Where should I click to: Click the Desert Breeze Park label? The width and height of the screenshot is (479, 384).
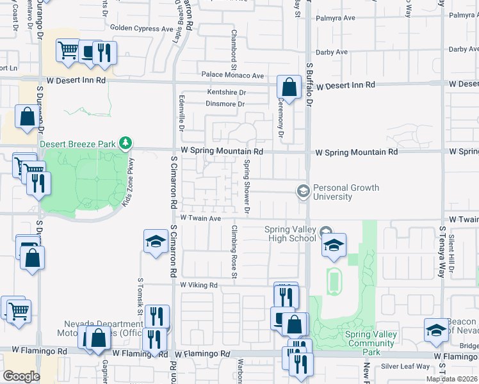point(77,143)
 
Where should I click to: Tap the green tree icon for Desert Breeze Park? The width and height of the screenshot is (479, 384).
point(127,143)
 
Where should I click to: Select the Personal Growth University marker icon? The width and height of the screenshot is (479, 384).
point(302,191)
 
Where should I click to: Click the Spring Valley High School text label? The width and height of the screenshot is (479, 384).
point(291,234)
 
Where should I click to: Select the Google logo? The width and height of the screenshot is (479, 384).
point(21,376)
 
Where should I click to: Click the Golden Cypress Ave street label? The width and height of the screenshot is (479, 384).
point(142,28)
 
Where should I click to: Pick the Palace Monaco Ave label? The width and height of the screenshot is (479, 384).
point(233,76)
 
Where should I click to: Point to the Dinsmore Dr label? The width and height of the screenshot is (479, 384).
point(225,104)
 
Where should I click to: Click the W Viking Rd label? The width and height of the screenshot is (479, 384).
point(199,285)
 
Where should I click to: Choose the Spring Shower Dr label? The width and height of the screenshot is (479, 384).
point(247,185)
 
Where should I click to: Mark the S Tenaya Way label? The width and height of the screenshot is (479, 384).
point(442,250)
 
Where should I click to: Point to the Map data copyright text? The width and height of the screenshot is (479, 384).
point(452,379)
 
